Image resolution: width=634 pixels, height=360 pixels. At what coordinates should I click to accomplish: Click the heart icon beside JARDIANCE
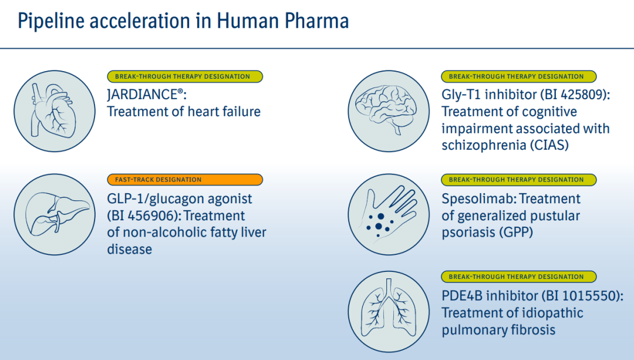[55, 111]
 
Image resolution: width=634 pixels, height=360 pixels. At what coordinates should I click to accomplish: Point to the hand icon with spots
[389, 214]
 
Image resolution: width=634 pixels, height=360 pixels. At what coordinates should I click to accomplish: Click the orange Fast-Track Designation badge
[185, 180]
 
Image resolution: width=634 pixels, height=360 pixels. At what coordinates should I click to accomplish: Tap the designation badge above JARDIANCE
[185, 76]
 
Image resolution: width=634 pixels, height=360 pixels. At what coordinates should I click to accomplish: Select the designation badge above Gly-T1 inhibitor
[519, 76]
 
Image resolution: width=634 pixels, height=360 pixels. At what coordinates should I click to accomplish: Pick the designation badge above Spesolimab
[519, 180]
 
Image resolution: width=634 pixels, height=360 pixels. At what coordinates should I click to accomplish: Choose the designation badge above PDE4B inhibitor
[519, 277]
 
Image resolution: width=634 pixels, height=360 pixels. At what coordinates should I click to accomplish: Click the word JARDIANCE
[142, 95]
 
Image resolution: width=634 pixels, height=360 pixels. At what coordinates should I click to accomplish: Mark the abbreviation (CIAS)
[549, 145]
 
